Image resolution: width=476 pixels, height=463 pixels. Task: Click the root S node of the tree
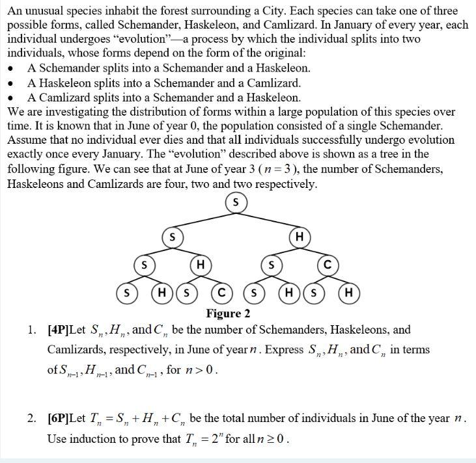pyautogui.click(x=236, y=204)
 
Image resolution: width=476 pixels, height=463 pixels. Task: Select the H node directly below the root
pyautogui.click(x=299, y=237)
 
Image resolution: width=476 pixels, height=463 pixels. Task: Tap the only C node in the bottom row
pyautogui.click(x=221, y=293)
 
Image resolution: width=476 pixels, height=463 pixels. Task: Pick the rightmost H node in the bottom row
pyautogui.click(x=348, y=293)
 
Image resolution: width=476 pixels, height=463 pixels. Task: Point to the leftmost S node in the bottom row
pyautogui.click(x=126, y=293)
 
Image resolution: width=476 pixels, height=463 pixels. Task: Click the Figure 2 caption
pyautogui.click(x=228, y=313)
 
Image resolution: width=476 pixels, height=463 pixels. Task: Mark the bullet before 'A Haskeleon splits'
pyautogui.click(x=12, y=83)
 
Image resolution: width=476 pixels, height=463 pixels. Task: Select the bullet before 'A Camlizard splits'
pyautogui.click(x=12, y=98)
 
